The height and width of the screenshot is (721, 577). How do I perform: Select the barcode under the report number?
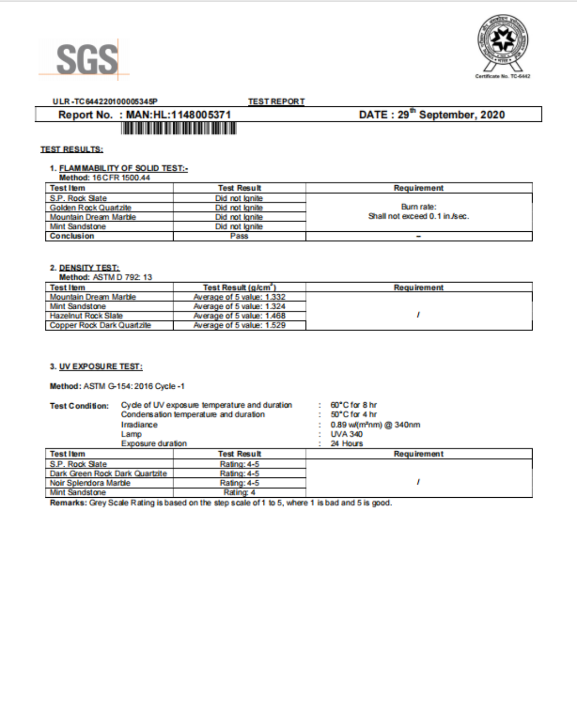178,128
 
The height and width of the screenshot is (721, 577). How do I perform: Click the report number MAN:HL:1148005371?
178,115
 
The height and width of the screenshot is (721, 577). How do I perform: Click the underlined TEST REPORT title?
276,101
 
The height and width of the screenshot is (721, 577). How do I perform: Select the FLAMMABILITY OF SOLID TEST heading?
123,168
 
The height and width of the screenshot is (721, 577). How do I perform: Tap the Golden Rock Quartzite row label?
90,208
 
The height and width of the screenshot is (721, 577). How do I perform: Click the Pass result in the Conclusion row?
239,236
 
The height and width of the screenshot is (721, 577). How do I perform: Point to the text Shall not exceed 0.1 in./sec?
418,216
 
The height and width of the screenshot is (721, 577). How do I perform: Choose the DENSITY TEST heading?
89,268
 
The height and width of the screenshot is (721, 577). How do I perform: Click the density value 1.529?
275,325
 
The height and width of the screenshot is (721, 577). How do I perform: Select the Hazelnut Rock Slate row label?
86,316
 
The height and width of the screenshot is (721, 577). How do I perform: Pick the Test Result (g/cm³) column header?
239,287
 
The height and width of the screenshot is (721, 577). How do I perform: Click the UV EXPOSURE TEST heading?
100,366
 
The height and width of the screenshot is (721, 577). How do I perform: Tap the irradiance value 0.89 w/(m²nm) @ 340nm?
375,425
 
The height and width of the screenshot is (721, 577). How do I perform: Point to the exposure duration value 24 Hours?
346,443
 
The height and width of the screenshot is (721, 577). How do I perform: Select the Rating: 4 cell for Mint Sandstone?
239,492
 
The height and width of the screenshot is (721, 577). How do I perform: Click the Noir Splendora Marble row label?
90,483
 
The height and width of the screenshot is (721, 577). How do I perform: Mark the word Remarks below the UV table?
67,503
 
